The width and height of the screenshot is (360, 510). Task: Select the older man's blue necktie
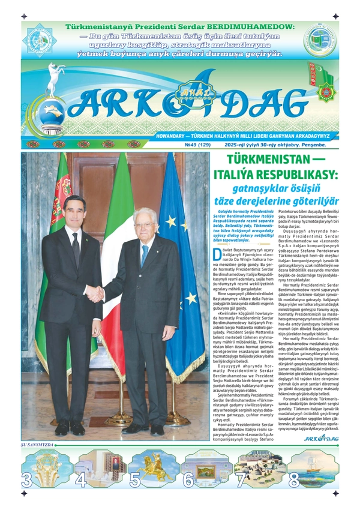pyautogui.click(x=145, y=254)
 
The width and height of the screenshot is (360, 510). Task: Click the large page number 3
pyautogui.click(x=27, y=480)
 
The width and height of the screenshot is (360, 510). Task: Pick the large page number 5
pyautogui.click(x=135, y=480)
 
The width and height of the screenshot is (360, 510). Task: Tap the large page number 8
pyautogui.click(x=294, y=480)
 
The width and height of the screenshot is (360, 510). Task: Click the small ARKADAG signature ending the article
pyautogui.click(x=321, y=439)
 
